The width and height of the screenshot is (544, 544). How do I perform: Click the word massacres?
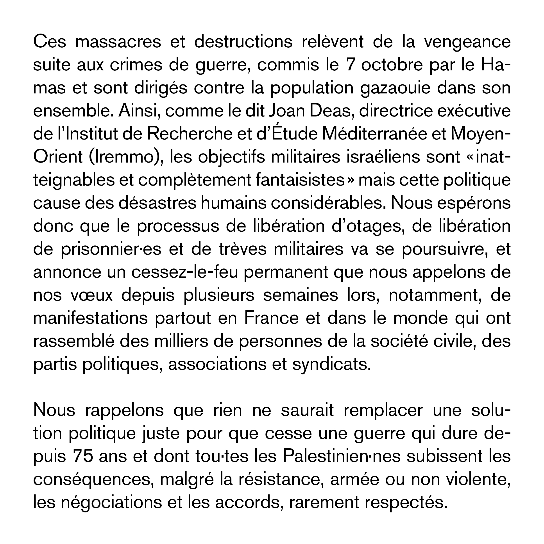118,42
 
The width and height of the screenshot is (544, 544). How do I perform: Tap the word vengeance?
467,42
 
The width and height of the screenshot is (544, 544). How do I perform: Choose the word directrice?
396,111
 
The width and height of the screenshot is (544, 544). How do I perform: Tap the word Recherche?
187,134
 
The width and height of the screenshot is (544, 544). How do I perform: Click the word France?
271,319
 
